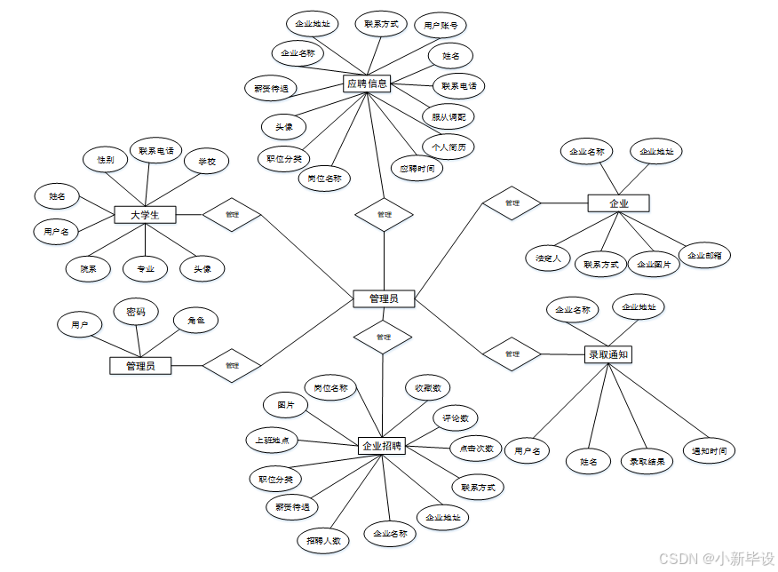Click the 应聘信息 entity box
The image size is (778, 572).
tap(367, 83)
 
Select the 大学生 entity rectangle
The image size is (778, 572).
tap(145, 215)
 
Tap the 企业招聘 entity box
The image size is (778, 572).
tap(383, 446)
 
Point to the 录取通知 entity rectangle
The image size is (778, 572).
tap(608, 354)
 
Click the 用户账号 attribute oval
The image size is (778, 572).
tap(441, 25)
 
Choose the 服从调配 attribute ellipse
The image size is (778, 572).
tap(449, 116)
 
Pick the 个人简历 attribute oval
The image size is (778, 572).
tap(448, 147)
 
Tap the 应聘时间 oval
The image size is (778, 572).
tap(417, 168)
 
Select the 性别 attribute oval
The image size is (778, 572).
tap(105, 160)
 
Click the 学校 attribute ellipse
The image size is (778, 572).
tap(206, 162)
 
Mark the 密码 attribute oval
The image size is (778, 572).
tap(136, 313)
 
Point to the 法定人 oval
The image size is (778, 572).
tap(548, 258)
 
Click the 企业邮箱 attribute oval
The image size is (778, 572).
tap(704, 255)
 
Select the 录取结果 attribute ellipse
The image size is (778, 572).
tap(646, 461)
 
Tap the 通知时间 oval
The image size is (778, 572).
tap(709, 450)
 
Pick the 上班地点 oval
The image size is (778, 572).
tap(272, 441)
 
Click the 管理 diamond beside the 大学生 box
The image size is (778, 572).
tap(232, 214)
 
